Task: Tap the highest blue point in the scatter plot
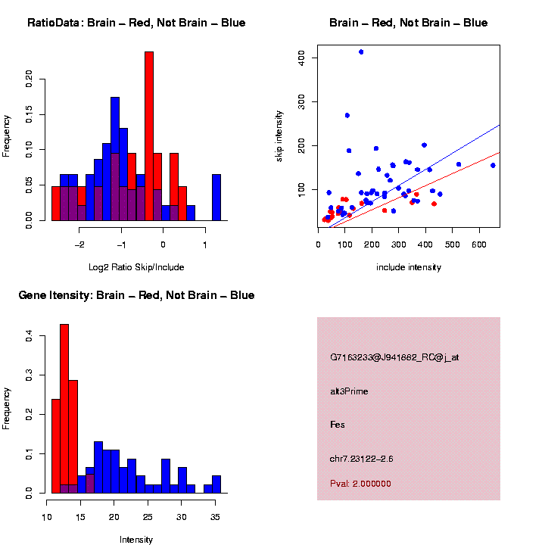tap(361, 52)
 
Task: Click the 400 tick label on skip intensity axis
tap(303, 58)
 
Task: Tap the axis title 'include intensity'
tap(408, 267)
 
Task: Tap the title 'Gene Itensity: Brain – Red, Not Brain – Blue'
tap(136, 295)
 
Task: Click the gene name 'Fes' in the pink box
tap(337, 425)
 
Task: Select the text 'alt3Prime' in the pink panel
tap(349, 391)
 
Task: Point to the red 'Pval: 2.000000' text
tap(360, 484)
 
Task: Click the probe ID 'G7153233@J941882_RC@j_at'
tap(394, 357)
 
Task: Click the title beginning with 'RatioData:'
tap(136, 23)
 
